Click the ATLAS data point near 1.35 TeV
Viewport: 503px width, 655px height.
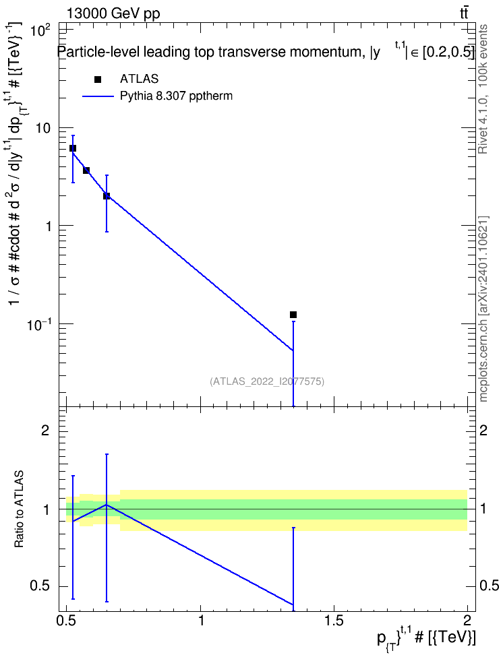(x=293, y=315)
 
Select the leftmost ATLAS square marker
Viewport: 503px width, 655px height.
(x=73, y=148)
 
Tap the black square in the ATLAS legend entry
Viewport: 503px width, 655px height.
(x=98, y=80)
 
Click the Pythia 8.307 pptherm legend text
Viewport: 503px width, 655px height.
(x=176, y=96)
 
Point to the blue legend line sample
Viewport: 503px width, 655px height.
(x=98, y=96)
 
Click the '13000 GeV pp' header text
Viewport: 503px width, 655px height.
(x=113, y=13)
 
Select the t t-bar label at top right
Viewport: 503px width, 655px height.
(x=464, y=13)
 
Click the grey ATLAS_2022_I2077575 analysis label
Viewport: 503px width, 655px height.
(x=267, y=381)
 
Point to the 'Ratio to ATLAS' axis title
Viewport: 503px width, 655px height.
(x=19, y=509)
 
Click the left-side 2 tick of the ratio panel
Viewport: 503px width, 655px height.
(x=45, y=430)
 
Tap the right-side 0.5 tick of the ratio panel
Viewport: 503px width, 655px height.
(x=489, y=586)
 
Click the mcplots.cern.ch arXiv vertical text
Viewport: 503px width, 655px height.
(x=483, y=309)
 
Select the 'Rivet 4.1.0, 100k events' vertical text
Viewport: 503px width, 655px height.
(x=483, y=90)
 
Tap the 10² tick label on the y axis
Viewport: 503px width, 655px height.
(x=42, y=30)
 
